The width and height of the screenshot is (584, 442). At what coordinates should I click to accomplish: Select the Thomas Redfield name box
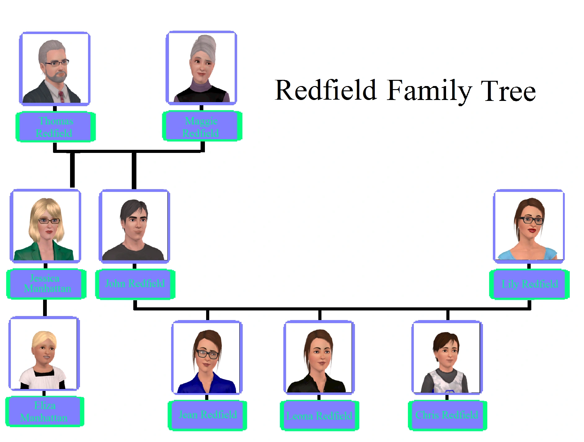55,127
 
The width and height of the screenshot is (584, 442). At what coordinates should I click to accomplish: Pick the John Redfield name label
135,284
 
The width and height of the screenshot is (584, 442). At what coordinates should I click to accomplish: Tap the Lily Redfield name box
529,284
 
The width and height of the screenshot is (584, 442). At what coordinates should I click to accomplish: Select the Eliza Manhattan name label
45,412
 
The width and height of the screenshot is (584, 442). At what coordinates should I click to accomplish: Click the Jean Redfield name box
207,415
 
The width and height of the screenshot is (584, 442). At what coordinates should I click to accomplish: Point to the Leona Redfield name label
319,415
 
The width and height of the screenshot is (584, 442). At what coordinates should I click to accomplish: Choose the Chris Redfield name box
447,415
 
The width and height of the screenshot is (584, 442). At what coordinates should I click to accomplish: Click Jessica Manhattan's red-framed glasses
49,221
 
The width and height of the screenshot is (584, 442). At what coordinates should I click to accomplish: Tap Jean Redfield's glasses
207,354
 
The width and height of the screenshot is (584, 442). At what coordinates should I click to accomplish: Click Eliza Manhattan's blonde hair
45,337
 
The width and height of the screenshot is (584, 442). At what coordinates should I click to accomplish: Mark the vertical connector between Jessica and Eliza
45,308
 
